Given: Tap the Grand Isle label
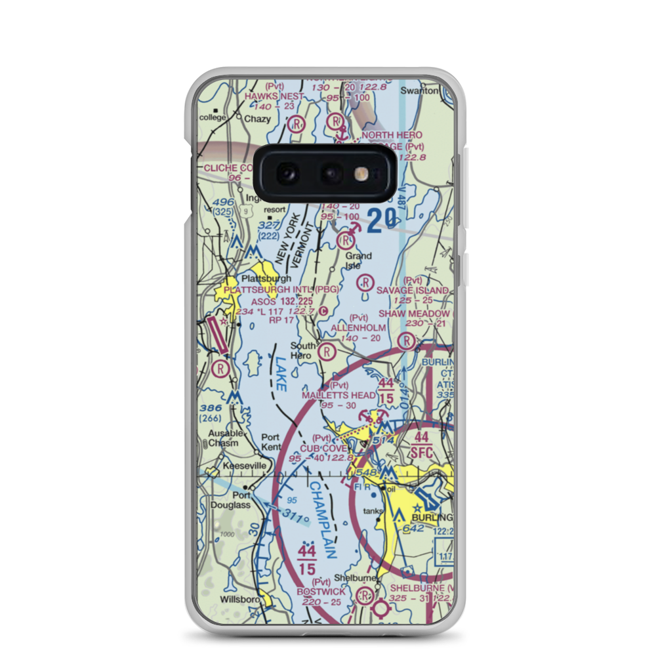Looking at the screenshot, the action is pos(358,260).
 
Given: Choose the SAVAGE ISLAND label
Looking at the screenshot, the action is pos(413,290).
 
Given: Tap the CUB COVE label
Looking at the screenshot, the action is pos(324,448).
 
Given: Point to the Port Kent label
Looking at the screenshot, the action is pos(270,441).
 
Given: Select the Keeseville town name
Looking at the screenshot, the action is pos(245,466).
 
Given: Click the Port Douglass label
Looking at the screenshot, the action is pos(230,500).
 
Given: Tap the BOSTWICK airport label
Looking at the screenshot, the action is pos(320,592).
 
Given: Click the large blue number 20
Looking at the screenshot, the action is pos(382,221).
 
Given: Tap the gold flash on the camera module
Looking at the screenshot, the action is pos(360,173).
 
